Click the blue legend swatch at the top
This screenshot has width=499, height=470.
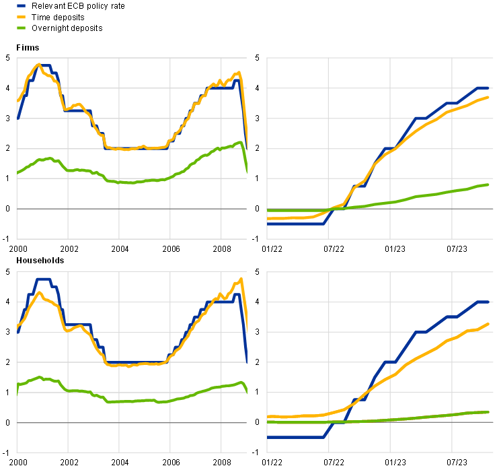click(21, 5)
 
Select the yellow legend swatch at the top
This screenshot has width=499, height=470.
click(21, 16)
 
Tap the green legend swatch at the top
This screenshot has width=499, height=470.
click(21, 28)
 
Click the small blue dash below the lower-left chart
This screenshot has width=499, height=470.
click(21, 464)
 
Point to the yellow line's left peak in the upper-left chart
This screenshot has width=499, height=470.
click(39, 65)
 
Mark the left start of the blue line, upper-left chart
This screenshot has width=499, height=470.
click(17, 117)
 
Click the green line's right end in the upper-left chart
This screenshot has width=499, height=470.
click(247, 172)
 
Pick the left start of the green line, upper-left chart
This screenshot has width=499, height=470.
click(17, 173)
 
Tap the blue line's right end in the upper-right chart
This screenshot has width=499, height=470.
click(489, 88)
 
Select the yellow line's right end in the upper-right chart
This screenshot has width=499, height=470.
click(489, 98)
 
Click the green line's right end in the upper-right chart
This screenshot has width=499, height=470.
click(489, 184)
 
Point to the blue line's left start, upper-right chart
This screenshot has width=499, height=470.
click(268, 223)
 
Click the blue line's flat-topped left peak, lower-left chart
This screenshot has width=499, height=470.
click(43, 279)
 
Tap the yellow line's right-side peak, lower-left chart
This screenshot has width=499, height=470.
click(241, 279)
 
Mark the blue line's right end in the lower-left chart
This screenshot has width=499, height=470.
click(247, 362)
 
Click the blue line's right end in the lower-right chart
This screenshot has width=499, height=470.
click(489, 302)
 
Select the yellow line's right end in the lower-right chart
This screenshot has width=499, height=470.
click(489, 324)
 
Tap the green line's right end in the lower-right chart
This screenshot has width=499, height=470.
click(489, 412)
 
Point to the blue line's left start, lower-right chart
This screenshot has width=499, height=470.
click(268, 437)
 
